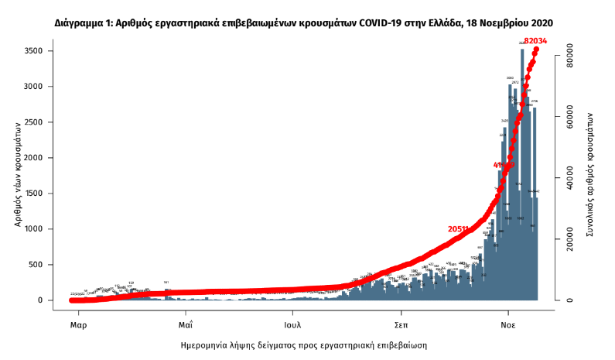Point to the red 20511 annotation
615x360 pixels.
459,229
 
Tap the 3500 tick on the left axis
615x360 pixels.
40,51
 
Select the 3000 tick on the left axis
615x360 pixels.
40,87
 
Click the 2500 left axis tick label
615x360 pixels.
40,122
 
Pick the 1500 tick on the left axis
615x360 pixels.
40,194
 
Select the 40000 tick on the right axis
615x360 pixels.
569,179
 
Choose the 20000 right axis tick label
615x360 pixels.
569,240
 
